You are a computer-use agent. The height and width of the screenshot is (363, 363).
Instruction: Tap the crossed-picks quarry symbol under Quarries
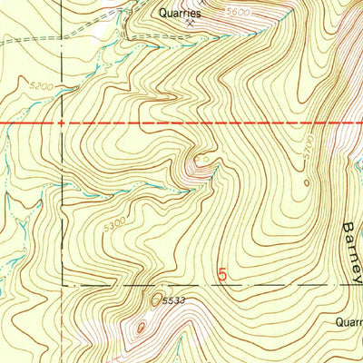[190, 25]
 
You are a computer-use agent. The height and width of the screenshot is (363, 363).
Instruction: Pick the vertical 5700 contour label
[308, 145]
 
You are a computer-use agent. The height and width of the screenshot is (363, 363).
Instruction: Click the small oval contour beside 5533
[157, 297]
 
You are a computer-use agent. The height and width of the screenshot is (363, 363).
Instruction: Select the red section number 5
[224, 272]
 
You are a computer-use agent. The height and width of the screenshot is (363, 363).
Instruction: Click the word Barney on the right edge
[352, 249]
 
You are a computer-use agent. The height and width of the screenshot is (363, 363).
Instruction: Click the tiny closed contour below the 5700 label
[307, 182]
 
